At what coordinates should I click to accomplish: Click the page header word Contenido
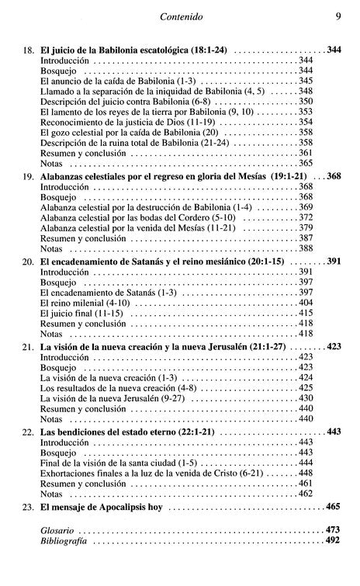(x=180, y=13)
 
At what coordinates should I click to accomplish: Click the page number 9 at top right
(x=338, y=13)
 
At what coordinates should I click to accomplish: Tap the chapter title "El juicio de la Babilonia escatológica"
(x=116, y=49)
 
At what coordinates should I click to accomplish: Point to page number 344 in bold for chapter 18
(x=334, y=49)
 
